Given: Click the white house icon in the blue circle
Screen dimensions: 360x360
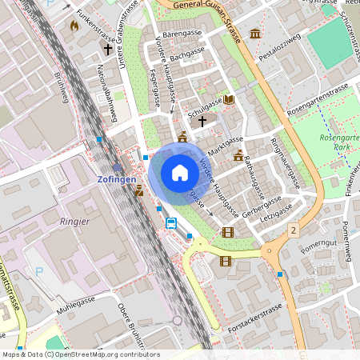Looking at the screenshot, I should pyautogui.click(x=180, y=173).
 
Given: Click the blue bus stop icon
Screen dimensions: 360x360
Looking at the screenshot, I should pyautogui.click(x=171, y=222).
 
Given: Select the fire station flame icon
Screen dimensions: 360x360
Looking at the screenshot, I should pyautogui.click(x=74, y=26).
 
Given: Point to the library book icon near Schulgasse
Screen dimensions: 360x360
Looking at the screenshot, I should pyautogui.click(x=230, y=99).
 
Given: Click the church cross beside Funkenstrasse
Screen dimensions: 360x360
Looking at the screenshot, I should pyautogui.click(x=108, y=50).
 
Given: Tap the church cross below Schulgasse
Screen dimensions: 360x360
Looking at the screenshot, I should pyautogui.click(x=202, y=122).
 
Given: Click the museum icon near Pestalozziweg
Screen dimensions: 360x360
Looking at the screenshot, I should pyautogui.click(x=254, y=34).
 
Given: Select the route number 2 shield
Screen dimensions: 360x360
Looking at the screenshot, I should pyautogui.click(x=294, y=230).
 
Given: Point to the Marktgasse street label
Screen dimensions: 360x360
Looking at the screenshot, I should pyautogui.click(x=225, y=143).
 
